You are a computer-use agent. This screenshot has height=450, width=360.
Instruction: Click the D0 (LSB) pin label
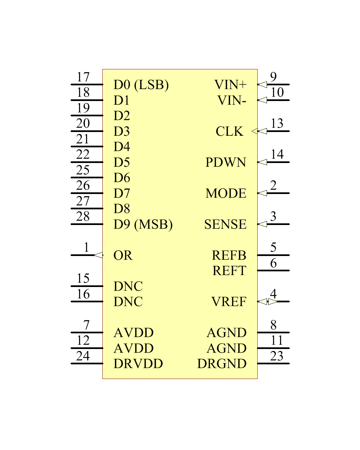pyautogui.click(x=141, y=85)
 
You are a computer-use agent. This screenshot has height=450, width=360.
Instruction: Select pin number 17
pyautogui.click(x=83, y=77)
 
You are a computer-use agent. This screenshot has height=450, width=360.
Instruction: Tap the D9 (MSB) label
pyautogui.click(x=143, y=224)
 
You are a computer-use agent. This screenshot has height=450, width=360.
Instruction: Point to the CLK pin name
pyautogui.click(x=229, y=131)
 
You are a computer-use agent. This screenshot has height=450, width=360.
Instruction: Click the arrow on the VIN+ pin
pyautogui.click(x=262, y=84)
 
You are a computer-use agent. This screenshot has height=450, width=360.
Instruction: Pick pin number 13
pyautogui.click(x=277, y=123)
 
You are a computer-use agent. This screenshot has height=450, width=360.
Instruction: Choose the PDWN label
pyautogui.click(x=226, y=162)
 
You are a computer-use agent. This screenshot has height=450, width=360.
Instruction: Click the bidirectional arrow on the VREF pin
pyautogui.click(x=267, y=302)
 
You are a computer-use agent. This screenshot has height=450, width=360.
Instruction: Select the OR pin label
pyautogui.click(x=123, y=255)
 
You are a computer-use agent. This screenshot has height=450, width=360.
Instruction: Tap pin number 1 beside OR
pyautogui.click(x=86, y=247)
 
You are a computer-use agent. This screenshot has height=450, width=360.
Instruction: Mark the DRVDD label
pyautogui.click(x=138, y=364)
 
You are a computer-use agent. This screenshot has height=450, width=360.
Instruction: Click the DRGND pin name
pyautogui.click(x=222, y=364)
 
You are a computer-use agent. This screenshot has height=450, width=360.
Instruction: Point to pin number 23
pyautogui.click(x=277, y=356)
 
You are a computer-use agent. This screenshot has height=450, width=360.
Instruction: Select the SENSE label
pyautogui.click(x=225, y=224)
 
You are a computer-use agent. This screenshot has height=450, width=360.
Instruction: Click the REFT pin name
pyautogui.click(x=229, y=271)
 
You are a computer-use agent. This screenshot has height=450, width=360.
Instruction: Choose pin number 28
pyautogui.click(x=83, y=216)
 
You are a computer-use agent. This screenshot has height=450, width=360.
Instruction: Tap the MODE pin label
pyautogui.click(x=226, y=193)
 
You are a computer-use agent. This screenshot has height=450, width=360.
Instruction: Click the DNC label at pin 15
pyautogui.click(x=128, y=286)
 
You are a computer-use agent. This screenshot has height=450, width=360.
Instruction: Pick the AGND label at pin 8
pyautogui.click(x=227, y=333)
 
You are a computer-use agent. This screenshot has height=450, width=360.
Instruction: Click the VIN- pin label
pyautogui.click(x=232, y=100)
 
